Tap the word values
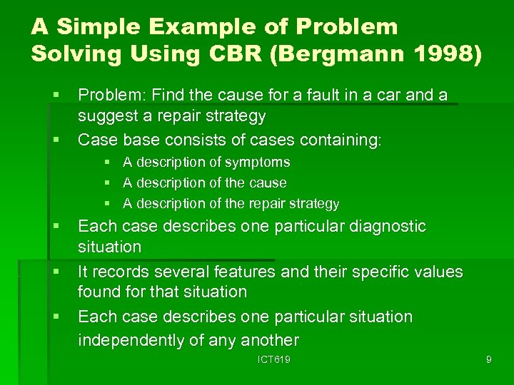pos(433,272)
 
